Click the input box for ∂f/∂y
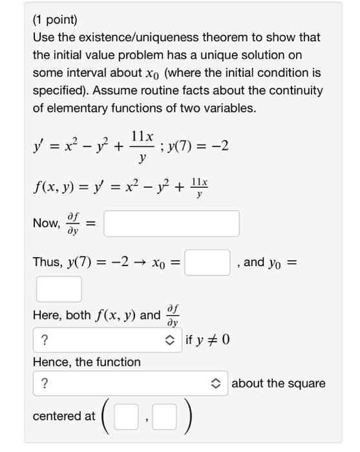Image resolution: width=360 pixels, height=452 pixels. (171, 223)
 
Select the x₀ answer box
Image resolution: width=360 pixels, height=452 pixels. (207, 262)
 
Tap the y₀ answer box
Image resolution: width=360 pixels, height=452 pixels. (59, 289)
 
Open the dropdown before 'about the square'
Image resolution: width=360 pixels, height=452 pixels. (128, 384)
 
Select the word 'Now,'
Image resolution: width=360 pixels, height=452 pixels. (46, 223)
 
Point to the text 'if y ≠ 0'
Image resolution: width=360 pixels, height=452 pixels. (207, 340)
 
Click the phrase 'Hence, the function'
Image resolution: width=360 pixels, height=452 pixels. (87, 362)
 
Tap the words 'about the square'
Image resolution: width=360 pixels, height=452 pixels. (279, 384)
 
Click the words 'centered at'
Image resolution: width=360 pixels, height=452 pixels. (64, 416)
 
